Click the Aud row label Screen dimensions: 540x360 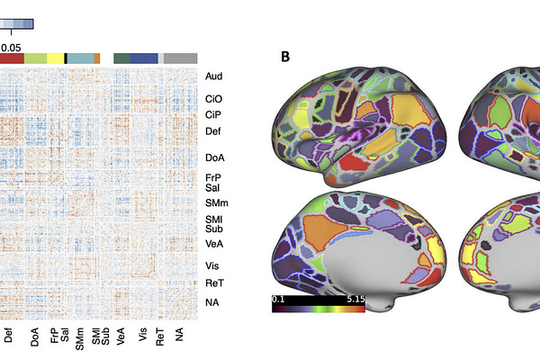[x=213, y=77]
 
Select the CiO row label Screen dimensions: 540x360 [x=213, y=99]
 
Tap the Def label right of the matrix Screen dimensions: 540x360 [x=213, y=131]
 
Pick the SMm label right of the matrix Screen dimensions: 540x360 [x=215, y=203]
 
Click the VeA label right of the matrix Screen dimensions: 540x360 [x=213, y=243]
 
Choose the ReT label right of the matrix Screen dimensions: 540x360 [x=213, y=283]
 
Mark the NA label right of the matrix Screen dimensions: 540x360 [x=212, y=302]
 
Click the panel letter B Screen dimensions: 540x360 [x=285, y=58]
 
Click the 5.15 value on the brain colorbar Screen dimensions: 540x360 [x=353, y=297]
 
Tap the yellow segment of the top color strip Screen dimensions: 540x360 [x=55, y=58]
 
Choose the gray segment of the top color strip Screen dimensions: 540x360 [x=180, y=58]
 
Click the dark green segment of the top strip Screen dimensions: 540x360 [x=121, y=58]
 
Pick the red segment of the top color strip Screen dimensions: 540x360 [x=12, y=58]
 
